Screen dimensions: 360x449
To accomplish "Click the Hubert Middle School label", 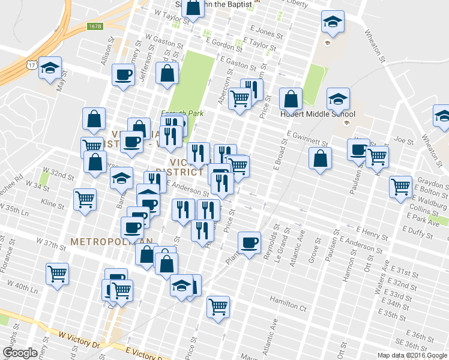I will pos(318,115).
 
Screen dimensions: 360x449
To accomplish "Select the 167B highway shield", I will pos(95,26).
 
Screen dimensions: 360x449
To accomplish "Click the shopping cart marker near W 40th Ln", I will pos(58,274).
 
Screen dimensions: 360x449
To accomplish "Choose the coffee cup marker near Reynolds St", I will pos(249,242).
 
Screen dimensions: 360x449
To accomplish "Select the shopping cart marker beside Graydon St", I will pos(400,186).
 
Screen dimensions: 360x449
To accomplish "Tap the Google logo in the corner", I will pos(20,353).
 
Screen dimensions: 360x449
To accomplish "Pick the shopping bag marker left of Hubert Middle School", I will pos(291,100).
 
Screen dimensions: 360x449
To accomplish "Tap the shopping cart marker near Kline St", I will pos(85,199).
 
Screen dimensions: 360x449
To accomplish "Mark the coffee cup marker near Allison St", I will pos(124,75).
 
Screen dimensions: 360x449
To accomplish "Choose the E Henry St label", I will pos(372,230).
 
